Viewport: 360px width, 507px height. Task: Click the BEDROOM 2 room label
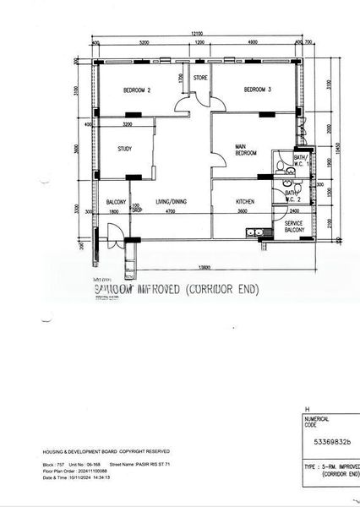coord(137,90)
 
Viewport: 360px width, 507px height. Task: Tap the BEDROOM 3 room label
coord(257,90)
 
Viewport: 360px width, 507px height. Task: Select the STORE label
coord(200,79)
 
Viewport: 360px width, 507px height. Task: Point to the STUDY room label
coord(125,150)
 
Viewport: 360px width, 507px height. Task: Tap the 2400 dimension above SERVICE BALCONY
coord(294,210)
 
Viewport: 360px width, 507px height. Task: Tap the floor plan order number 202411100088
coord(101,472)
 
